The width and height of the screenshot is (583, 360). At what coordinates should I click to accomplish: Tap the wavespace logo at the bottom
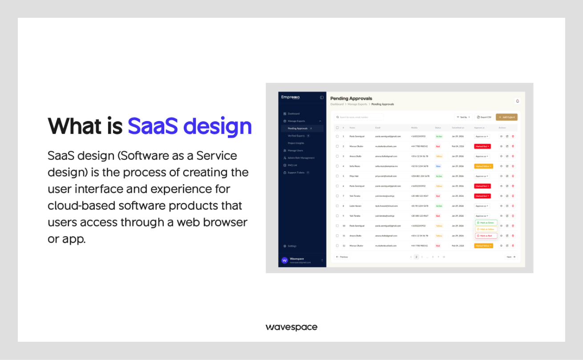291,328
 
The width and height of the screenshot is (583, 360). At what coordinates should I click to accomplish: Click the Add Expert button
506,117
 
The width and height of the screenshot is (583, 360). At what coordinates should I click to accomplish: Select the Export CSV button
484,117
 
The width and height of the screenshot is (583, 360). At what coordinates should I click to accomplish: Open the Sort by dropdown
463,117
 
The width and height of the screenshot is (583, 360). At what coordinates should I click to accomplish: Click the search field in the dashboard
359,117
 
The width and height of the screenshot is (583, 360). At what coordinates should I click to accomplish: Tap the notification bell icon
518,101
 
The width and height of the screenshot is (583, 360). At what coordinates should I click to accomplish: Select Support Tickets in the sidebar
296,173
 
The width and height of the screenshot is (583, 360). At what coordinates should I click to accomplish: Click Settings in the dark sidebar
292,246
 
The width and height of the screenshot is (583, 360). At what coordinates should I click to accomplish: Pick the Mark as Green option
486,222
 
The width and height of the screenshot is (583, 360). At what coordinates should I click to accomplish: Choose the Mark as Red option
486,236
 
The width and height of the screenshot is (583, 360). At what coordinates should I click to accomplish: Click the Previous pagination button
342,257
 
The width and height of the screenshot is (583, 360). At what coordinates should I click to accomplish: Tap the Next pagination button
511,257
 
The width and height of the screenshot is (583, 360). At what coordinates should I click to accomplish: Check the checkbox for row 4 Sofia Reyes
337,166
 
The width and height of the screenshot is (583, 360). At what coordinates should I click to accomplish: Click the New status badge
438,166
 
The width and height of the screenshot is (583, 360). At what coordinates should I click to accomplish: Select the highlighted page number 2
417,257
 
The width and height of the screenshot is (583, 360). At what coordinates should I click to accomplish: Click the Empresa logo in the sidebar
291,97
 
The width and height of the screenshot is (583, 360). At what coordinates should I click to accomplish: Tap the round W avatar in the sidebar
285,260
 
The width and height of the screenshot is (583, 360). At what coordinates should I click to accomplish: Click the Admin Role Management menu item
301,158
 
